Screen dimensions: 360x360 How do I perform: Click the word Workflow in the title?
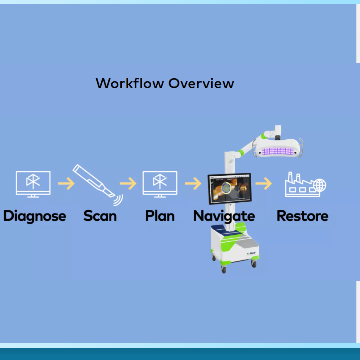(x=130, y=83)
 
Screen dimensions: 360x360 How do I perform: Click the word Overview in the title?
(x=201, y=83)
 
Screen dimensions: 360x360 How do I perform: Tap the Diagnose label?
(x=35, y=216)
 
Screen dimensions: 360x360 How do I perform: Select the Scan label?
(x=100, y=216)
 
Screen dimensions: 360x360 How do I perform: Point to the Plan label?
(x=160, y=216)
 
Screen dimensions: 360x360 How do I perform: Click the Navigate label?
(x=224, y=216)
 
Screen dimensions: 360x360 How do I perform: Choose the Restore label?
(x=303, y=216)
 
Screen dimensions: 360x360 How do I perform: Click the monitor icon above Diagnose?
(x=33, y=184)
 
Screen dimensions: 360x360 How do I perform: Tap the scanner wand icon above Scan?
(x=94, y=181)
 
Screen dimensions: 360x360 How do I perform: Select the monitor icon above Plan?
(x=160, y=184)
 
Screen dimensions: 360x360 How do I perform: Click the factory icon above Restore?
(x=305, y=184)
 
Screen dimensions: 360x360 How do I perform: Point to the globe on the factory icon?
(x=320, y=185)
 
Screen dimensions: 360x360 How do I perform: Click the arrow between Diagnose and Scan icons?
(x=66, y=184)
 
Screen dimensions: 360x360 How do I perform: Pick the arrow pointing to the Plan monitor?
(x=128, y=184)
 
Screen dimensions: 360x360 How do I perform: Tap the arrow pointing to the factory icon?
(x=264, y=184)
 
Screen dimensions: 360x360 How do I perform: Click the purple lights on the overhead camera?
(x=278, y=151)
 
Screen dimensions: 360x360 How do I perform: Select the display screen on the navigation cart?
(x=230, y=189)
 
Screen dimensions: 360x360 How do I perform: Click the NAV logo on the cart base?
(x=251, y=253)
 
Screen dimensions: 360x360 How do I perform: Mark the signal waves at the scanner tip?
(x=118, y=200)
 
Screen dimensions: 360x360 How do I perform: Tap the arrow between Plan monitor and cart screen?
(x=193, y=184)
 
